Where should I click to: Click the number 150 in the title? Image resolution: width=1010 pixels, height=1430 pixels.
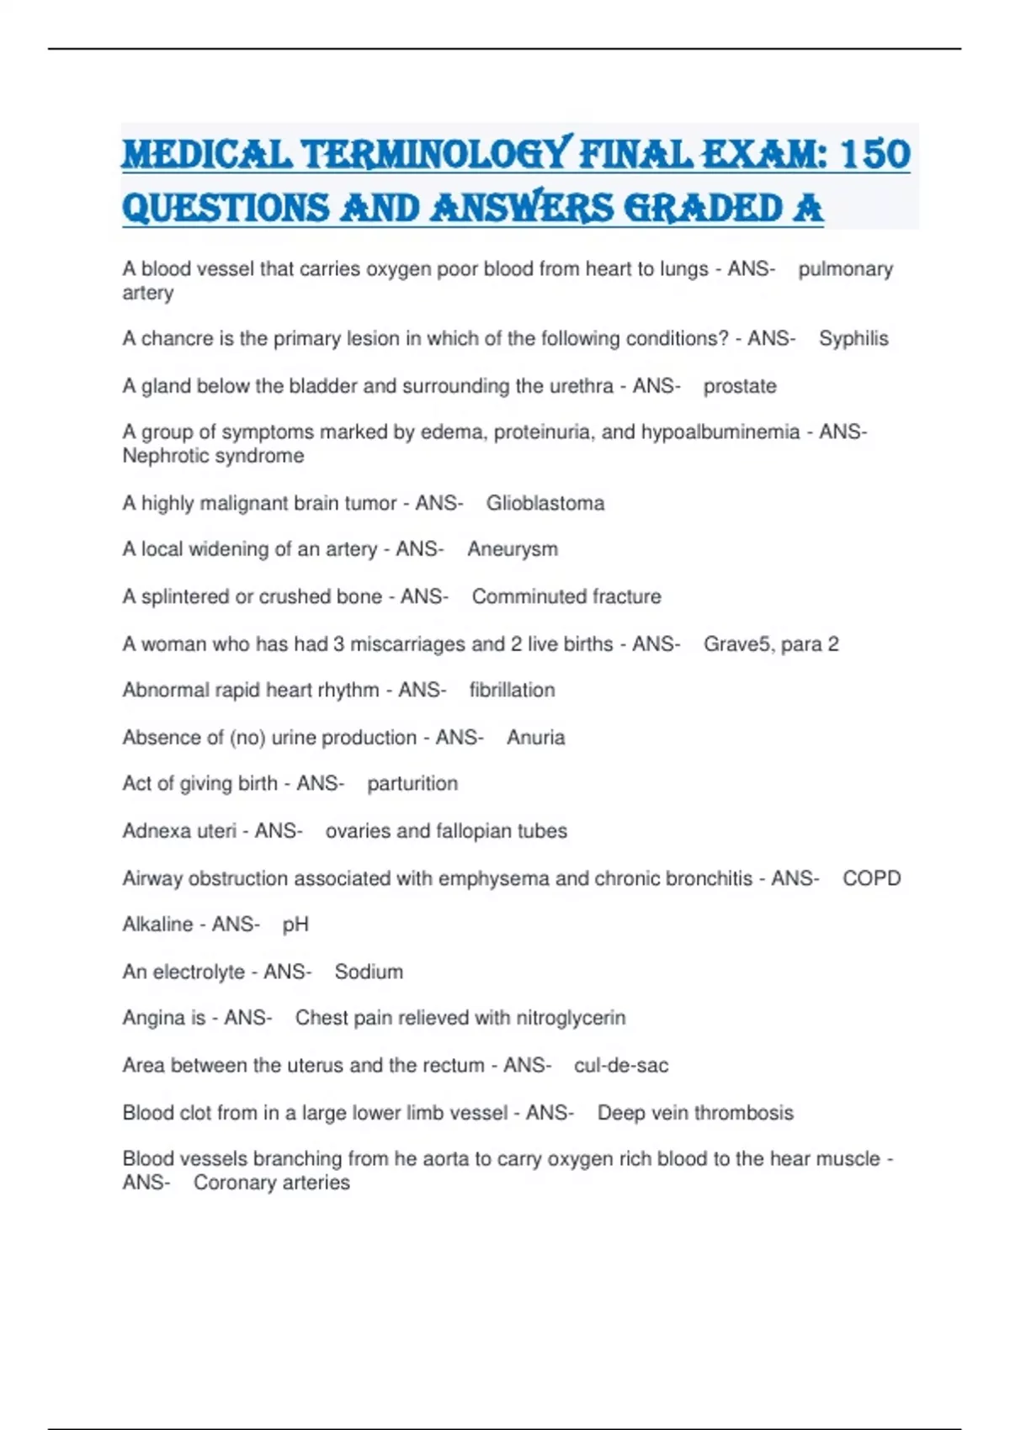(874, 155)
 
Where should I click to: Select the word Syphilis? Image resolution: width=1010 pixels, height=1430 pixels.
(853, 338)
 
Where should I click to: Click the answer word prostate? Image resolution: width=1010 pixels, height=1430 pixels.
(740, 386)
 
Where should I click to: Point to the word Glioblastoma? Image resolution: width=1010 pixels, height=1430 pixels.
(545, 503)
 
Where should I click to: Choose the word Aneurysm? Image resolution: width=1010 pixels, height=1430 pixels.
(512, 549)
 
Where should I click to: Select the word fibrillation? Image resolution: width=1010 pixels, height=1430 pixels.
(512, 690)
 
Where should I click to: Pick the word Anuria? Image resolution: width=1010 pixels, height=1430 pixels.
(535, 738)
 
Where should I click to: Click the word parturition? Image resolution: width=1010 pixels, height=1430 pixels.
(412, 784)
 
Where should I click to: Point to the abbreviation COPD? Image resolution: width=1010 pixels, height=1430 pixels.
(871, 878)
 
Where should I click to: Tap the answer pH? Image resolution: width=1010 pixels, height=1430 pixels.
(295, 924)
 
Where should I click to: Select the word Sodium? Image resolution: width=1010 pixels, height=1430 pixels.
(369, 972)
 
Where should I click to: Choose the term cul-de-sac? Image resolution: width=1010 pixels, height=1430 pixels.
(621, 1066)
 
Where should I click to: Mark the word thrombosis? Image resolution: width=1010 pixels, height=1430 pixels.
(744, 1113)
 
